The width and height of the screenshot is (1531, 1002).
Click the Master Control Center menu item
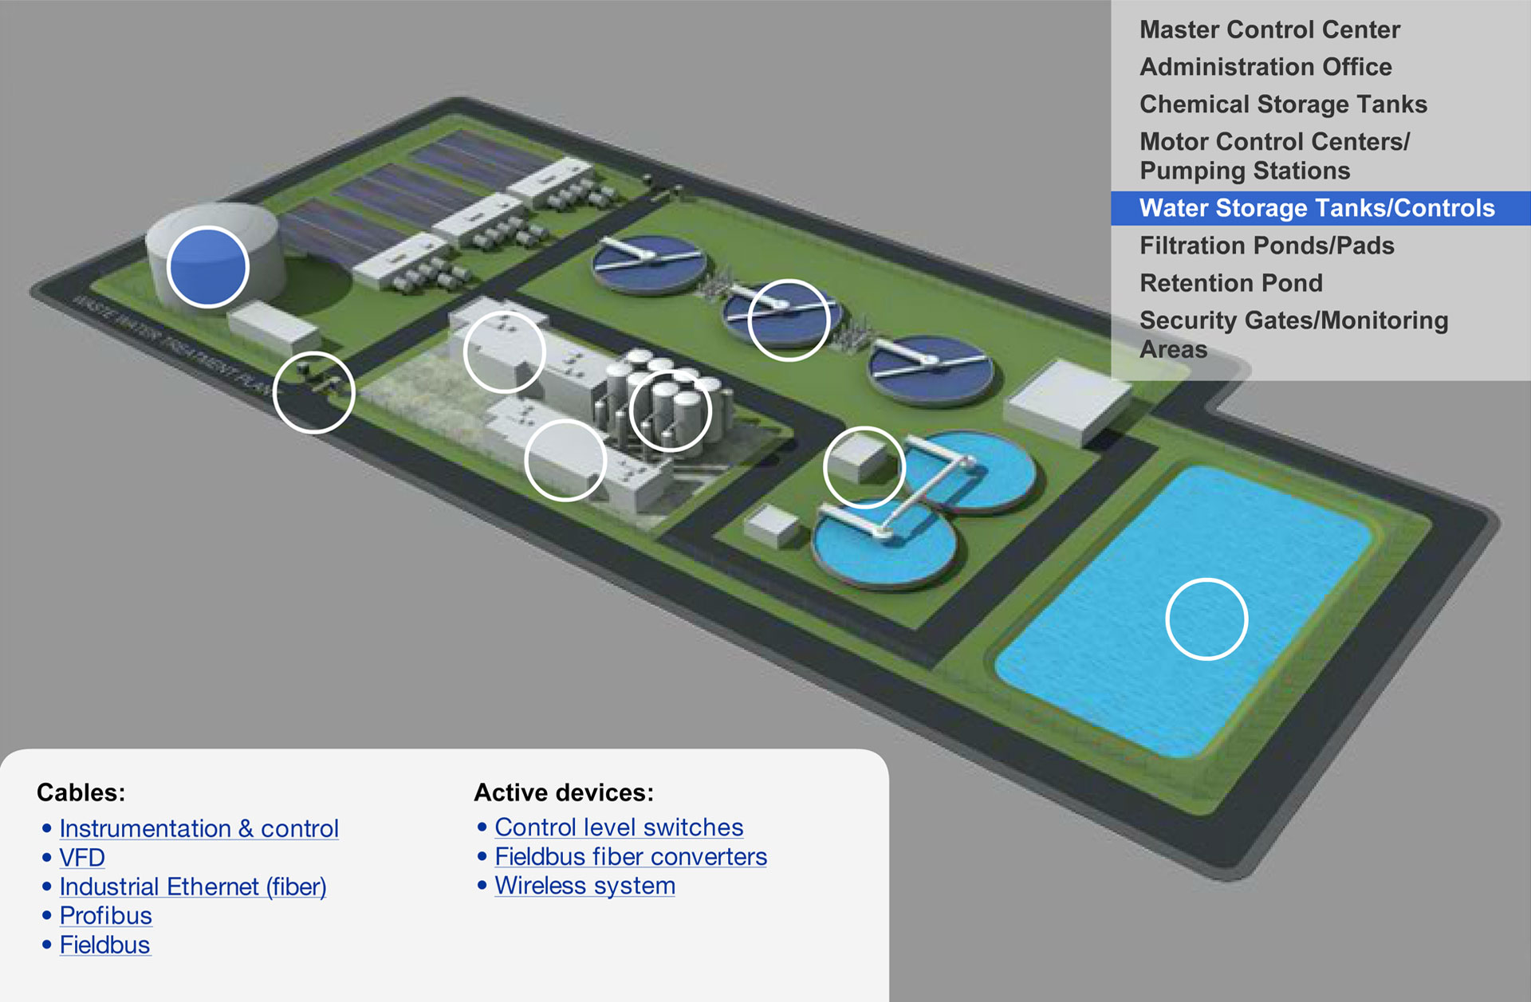tap(1269, 29)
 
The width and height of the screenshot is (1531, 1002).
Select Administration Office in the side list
tap(1265, 67)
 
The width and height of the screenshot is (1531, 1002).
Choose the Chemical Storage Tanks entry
tap(1283, 104)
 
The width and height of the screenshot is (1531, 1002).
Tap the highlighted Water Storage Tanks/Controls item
tap(1317, 208)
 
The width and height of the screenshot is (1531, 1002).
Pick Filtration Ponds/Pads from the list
tap(1266, 246)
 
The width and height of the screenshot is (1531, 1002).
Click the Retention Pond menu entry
tap(1230, 283)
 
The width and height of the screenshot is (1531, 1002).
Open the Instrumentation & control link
tap(199, 828)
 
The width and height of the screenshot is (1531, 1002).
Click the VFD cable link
tap(82, 858)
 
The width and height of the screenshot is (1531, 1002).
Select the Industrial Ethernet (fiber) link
tap(192, 886)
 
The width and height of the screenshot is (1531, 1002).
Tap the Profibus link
tap(105, 916)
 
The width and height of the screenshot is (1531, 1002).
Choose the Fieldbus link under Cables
tap(104, 945)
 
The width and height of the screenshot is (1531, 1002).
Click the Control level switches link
tap(619, 827)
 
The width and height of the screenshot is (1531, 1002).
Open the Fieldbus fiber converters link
tap(631, 857)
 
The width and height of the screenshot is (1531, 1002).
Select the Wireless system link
tap(584, 886)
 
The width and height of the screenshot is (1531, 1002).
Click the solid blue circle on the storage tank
tap(208, 267)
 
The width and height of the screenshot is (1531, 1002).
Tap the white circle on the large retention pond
tap(1206, 619)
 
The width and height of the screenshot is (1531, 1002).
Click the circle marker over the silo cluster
tap(670, 411)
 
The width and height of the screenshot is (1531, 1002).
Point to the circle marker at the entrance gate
tap(313, 392)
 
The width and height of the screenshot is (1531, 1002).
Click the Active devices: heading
tap(564, 792)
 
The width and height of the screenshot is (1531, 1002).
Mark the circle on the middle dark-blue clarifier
tap(789, 320)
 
